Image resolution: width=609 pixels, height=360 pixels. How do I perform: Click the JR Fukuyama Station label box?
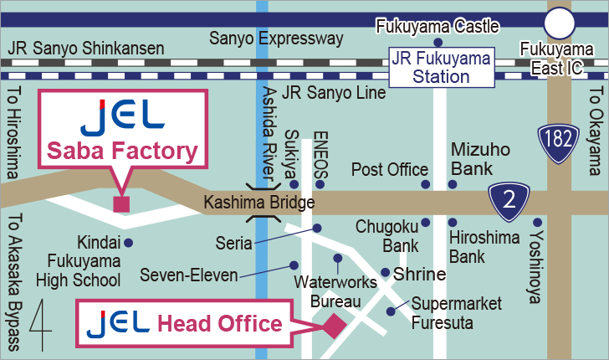442,67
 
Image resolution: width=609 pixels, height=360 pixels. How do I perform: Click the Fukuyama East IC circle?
560,23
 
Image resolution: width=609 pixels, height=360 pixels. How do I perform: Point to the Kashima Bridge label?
259,203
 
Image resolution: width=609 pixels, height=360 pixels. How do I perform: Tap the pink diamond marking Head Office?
335,326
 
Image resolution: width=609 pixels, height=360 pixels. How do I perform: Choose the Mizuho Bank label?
480,160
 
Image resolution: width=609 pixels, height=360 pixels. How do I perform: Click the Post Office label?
389,170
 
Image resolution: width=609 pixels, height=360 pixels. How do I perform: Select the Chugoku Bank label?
387,235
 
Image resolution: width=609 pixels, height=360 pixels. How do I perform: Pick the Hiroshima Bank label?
478,246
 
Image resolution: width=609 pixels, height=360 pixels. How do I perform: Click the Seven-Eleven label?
189,275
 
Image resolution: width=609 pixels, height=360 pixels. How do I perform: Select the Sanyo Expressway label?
276,39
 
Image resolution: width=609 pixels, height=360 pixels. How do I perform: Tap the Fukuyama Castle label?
438,26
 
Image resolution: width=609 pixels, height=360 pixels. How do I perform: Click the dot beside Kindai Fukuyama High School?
128,243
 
